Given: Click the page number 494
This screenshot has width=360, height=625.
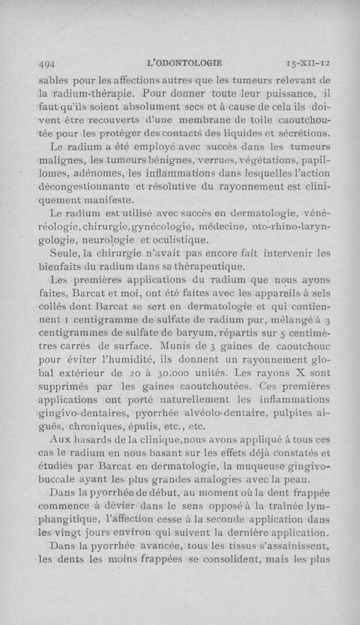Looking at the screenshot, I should pos(47,63).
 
